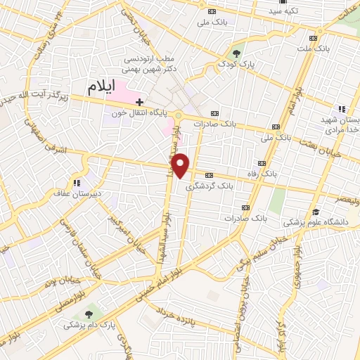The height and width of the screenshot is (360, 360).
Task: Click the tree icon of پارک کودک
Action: (x=238, y=53)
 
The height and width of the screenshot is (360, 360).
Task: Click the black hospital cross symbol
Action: (x=140, y=101)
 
